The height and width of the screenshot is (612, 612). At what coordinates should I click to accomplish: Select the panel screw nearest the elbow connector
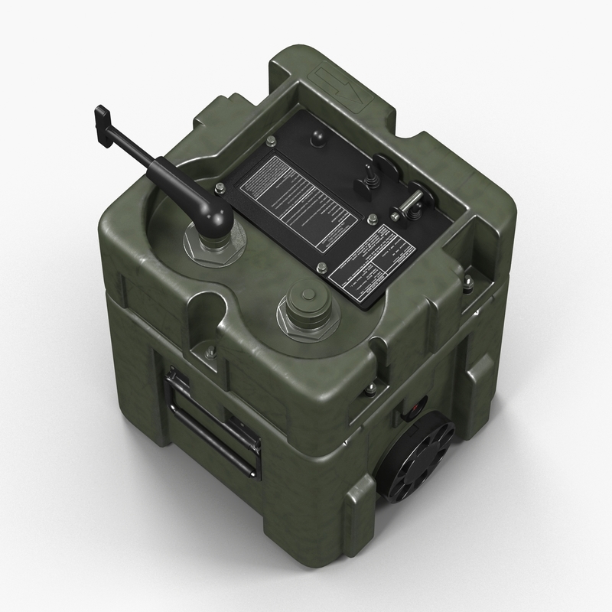click(x=220, y=187)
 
